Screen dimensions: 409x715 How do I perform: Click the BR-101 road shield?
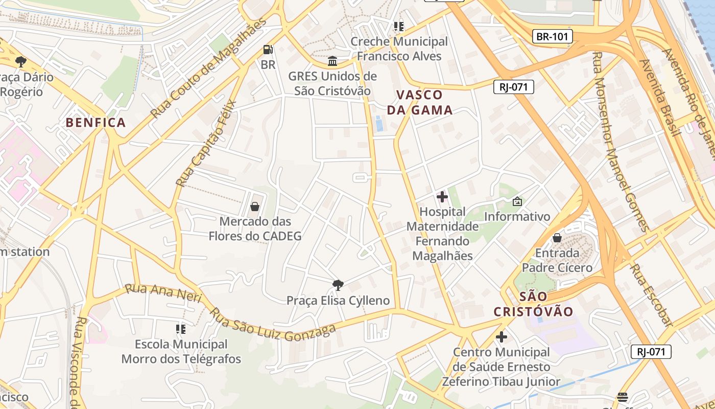coord(552,36)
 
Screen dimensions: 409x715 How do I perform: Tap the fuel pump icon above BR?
coord(268,50)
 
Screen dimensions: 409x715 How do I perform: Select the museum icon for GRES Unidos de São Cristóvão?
coord(332,61)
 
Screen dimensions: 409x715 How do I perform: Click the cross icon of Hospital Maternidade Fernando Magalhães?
coord(442,197)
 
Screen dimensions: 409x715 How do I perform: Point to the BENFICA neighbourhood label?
coord(96,122)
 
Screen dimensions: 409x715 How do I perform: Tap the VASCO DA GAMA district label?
coord(419,102)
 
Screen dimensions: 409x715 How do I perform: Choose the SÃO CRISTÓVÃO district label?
coord(533,304)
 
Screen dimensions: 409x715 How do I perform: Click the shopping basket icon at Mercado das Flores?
coord(254,207)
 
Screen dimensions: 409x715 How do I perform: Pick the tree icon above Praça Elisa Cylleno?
coord(338,285)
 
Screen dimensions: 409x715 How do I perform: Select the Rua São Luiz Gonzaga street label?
coord(274,325)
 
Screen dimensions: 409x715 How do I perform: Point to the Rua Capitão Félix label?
coord(205,143)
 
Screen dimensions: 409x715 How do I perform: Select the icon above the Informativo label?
coord(517,201)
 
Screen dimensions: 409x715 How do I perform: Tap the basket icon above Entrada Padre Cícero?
coord(557,238)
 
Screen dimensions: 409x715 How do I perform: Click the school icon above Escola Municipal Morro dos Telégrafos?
coord(180,329)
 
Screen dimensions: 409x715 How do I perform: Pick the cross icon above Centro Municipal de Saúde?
coord(502,337)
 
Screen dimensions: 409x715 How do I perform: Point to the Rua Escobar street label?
coord(651,295)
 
